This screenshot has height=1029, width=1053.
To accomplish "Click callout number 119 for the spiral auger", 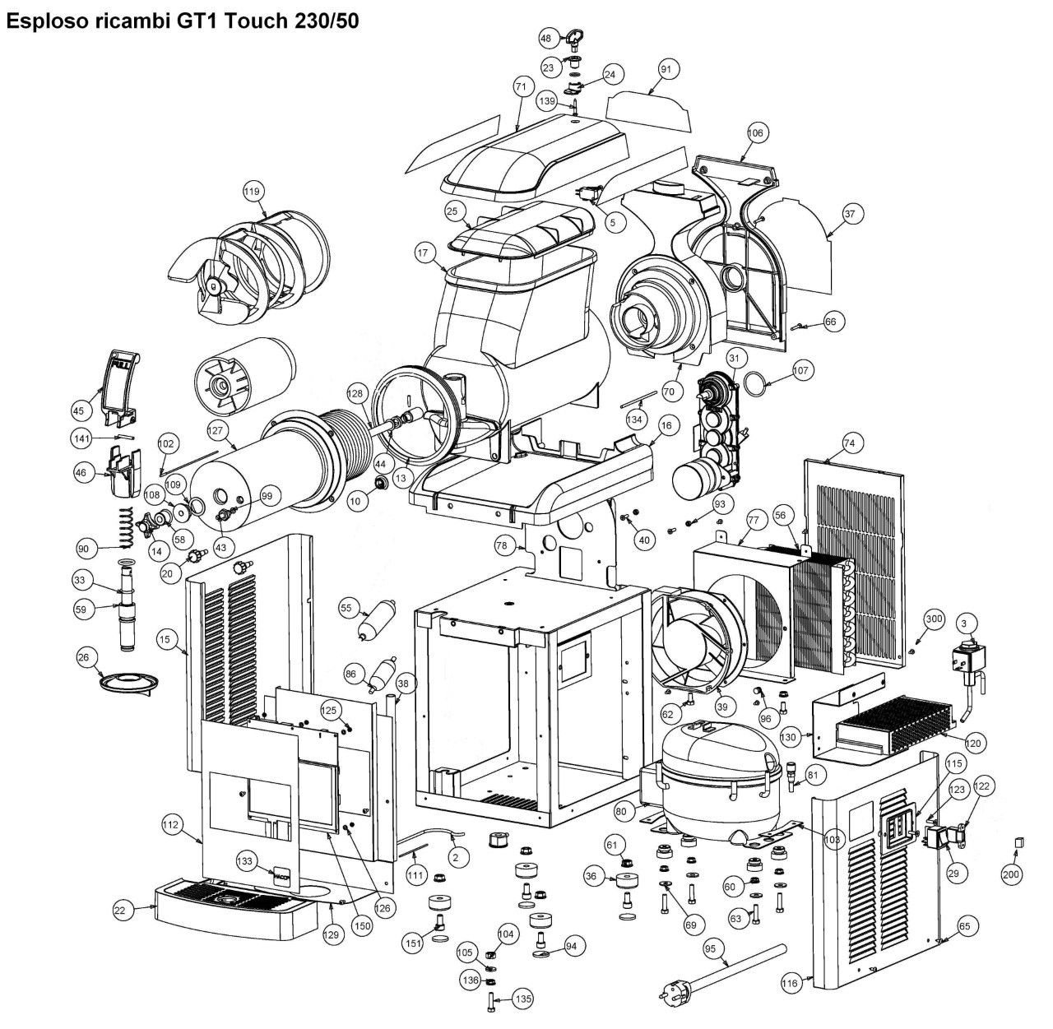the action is pyautogui.click(x=253, y=192).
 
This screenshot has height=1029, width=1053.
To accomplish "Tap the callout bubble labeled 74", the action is pyautogui.click(x=849, y=443).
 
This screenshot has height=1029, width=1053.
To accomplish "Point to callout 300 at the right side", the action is pyautogui.click(x=934, y=619).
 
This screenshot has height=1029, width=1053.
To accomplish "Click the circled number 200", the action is pyautogui.click(x=1011, y=874).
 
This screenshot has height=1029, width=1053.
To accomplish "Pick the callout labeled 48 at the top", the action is pyautogui.click(x=546, y=39).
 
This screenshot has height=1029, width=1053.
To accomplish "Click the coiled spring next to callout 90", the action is pyautogui.click(x=126, y=527).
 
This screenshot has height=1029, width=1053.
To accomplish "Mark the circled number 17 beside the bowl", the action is pyautogui.click(x=423, y=253).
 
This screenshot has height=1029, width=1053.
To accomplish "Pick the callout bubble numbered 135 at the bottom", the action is pyautogui.click(x=523, y=999).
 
